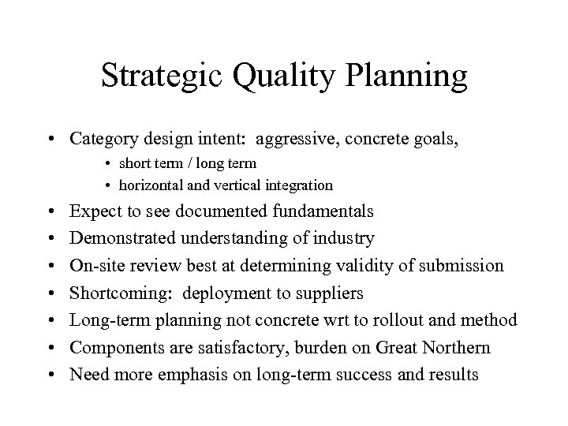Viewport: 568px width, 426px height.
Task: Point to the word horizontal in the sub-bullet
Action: pos(151,185)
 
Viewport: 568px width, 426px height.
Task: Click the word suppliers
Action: pos(332,293)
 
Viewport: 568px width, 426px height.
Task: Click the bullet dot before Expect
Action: pos(50,212)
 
